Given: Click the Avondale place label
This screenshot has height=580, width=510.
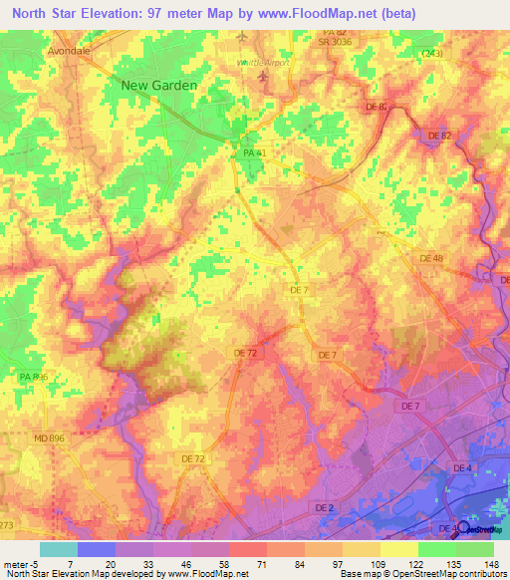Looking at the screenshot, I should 69,48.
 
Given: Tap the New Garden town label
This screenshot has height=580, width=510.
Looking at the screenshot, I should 158,86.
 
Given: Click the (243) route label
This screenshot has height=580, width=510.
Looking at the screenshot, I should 431,53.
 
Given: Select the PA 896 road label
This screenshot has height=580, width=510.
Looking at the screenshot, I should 33,378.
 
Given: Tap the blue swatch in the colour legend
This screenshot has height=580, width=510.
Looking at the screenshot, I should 97,548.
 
